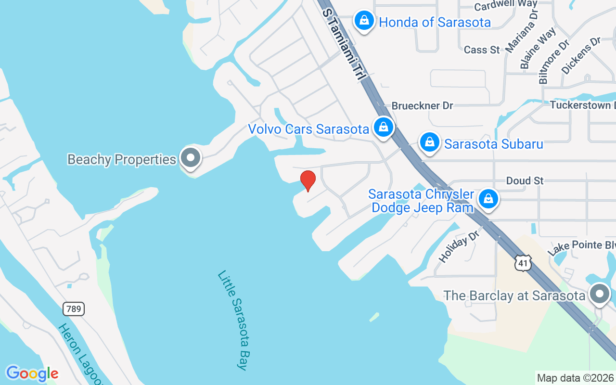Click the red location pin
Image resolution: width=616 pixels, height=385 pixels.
click(308, 180)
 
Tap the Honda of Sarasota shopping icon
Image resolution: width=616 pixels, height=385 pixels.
click(364, 21)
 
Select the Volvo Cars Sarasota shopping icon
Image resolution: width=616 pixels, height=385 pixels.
click(383, 127)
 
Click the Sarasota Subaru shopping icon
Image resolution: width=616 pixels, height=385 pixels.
click(429, 142)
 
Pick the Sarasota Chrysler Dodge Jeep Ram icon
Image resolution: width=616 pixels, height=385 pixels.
click(488, 198)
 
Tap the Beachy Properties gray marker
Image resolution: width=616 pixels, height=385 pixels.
click(191, 157)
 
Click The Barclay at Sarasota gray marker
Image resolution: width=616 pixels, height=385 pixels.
click(599, 294)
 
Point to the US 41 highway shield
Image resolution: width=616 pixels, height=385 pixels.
click(523, 263)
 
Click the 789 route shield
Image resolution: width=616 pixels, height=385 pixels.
click(74, 308)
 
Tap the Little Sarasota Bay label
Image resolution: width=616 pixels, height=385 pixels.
click(233, 320)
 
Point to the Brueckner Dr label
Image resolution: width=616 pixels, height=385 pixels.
click(422, 105)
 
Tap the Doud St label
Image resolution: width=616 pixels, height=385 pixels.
click(525, 181)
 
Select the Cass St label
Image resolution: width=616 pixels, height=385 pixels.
click(482, 50)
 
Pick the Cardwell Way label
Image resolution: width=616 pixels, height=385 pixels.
click(505, 6)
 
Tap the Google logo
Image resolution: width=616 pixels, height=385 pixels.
click(32, 373)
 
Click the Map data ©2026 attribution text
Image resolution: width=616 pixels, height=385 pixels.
click(575, 378)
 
